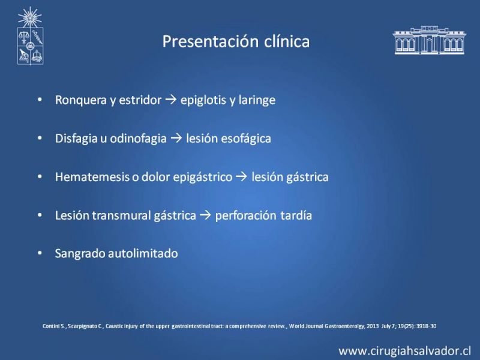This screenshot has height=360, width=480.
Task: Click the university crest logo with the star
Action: click(x=30, y=36)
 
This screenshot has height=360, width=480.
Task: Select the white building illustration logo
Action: click(x=429, y=40)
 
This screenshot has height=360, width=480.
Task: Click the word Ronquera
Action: click(x=80, y=100)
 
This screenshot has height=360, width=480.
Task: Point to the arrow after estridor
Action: click(x=171, y=100)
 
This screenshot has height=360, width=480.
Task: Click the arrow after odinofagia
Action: click(x=176, y=138)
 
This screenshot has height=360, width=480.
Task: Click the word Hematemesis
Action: click(x=92, y=177)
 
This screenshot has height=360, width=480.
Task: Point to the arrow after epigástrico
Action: click(x=242, y=176)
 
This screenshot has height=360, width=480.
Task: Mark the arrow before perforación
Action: click(x=205, y=215)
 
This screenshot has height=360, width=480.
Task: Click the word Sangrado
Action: click(x=80, y=254)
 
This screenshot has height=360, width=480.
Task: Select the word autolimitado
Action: click(x=143, y=253)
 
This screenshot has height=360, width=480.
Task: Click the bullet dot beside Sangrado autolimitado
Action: click(x=40, y=253)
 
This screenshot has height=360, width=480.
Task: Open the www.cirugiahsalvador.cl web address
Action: click(x=404, y=351)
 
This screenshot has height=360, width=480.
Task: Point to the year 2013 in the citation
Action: click(x=373, y=326)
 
